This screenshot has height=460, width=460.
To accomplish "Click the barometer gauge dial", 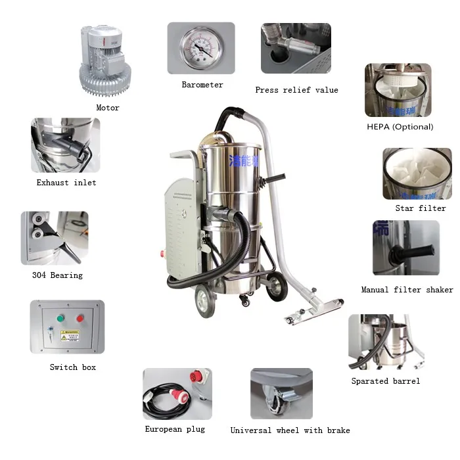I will pos(200,47).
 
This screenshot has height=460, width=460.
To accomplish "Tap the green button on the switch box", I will pos(60,318).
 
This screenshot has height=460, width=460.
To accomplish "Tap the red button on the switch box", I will pos(80,318).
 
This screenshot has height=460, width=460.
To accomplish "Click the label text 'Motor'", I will pos(108,108).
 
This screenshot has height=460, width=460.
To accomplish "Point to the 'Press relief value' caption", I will pos(296,90).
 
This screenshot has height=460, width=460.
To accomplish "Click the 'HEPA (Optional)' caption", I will pos(400,127).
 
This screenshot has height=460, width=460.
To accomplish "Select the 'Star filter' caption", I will pos(421,208).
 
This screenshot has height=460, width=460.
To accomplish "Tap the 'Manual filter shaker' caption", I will pos(407,290).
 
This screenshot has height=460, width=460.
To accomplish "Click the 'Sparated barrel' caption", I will pos(385,381).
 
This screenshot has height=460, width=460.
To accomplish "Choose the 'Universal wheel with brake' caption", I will pos(290,430).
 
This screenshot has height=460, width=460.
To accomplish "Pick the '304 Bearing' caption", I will pos(57,275).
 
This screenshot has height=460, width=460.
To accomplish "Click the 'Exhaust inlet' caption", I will pos(66,183).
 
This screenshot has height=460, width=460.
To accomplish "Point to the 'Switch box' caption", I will pos(72,367).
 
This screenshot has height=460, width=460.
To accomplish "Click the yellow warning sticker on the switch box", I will pos(70,335).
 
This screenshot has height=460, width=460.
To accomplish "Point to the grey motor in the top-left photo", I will pos(107,60).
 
